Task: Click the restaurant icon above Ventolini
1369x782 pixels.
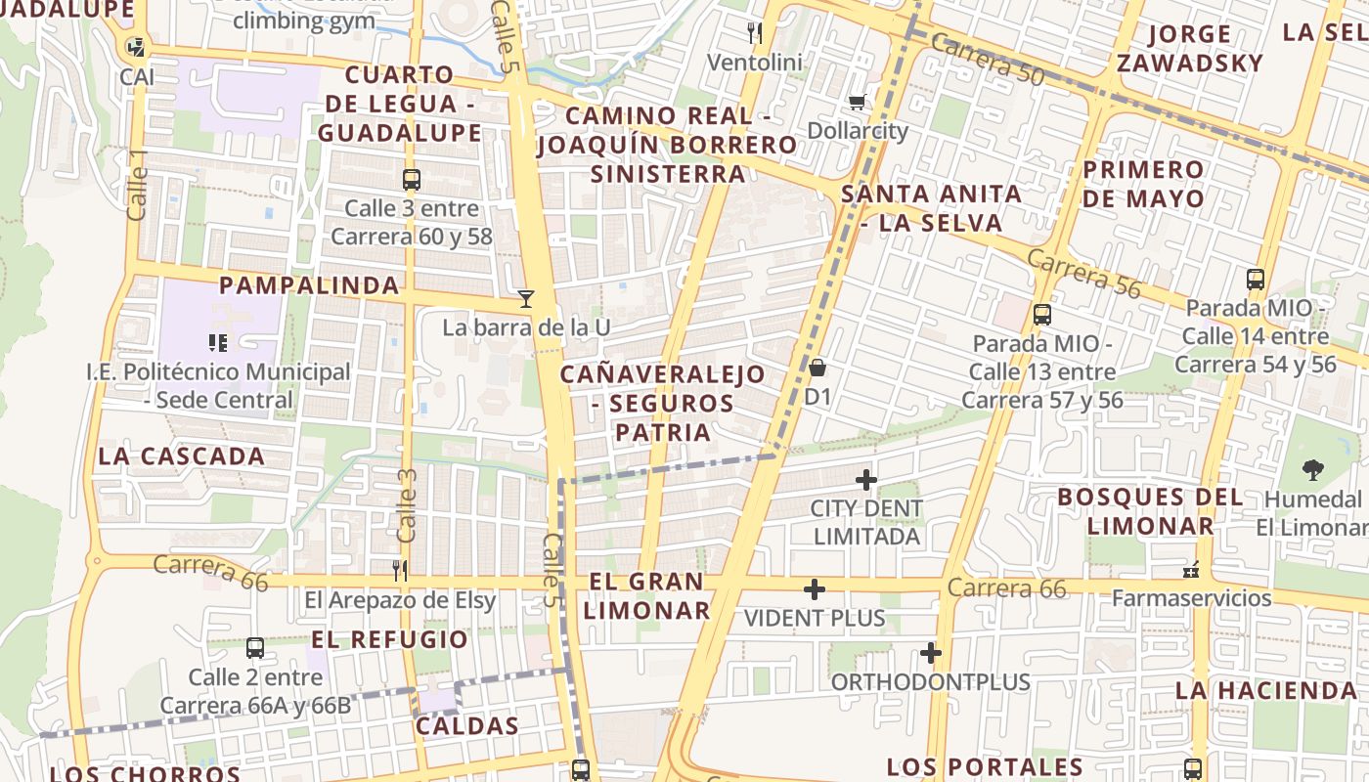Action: coord(754,34)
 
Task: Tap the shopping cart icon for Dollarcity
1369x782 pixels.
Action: coord(858,103)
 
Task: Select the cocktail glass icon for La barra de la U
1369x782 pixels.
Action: coord(526,299)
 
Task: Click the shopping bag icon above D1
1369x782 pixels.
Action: coord(817,369)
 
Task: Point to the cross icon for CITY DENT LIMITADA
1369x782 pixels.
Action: coord(865,480)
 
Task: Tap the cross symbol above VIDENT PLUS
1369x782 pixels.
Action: coord(814,589)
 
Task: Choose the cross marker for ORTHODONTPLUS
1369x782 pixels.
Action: coord(930,653)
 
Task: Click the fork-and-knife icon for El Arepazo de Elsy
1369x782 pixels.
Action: coord(399,571)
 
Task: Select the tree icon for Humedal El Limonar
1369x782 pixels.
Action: coord(1313,470)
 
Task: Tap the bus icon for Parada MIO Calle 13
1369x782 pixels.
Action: coord(1042,315)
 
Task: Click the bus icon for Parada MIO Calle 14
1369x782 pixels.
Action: coord(1256,280)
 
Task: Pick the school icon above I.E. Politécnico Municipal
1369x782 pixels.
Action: coord(217,343)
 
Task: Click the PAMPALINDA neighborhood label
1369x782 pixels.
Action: coord(309,285)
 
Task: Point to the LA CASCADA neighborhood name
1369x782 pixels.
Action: coord(182,456)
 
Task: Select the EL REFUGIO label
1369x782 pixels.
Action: coord(390,640)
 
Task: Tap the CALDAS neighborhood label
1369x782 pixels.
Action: coord(466,726)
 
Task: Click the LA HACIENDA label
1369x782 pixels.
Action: coord(1266,690)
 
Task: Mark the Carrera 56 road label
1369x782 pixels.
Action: coord(1083,273)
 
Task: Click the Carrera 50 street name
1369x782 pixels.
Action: coord(987,59)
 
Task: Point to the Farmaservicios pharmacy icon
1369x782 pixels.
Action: coord(1191,570)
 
